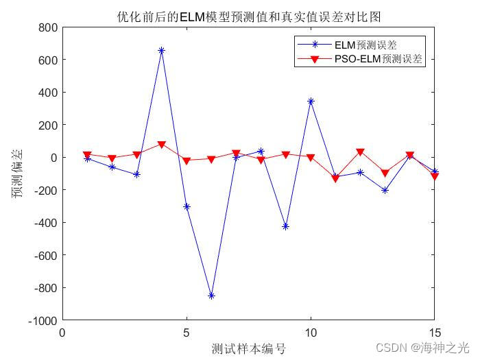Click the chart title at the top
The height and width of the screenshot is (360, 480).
(x=248, y=16)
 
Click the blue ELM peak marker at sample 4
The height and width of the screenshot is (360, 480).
(x=162, y=51)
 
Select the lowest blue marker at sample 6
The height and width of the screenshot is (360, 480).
(x=211, y=296)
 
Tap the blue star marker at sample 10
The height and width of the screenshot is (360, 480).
(x=311, y=101)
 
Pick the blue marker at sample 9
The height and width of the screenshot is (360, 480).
(x=286, y=226)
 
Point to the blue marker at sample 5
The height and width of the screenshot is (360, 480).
(x=187, y=206)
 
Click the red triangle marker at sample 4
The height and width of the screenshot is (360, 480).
(x=162, y=145)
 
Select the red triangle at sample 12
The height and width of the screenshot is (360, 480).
(x=360, y=152)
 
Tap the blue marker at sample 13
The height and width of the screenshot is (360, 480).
(x=385, y=190)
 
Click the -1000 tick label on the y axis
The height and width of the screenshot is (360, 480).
(x=43, y=320)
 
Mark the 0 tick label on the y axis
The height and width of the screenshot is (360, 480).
(x=53, y=158)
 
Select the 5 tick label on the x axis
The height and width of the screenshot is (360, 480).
(x=187, y=333)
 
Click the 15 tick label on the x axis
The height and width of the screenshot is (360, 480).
(x=434, y=333)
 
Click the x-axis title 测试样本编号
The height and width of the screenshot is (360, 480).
(x=248, y=348)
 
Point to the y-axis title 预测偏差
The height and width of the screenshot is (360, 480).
(x=18, y=173)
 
